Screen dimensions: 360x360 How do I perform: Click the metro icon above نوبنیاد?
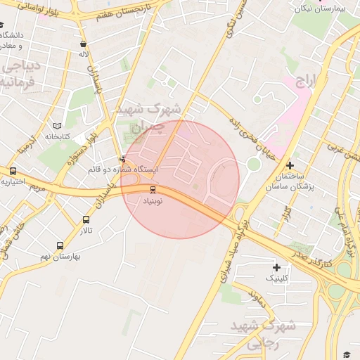pyautogui.click(x=153, y=189)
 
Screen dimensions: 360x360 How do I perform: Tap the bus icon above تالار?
pyautogui.click(x=86, y=220)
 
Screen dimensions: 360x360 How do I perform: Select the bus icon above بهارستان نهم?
pyautogui.click(x=60, y=246)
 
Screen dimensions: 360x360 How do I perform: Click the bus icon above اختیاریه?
pyautogui.click(x=13, y=171)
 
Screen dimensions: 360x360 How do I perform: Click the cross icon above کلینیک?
pyautogui.click(x=276, y=267)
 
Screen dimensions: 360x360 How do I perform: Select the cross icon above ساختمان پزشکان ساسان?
pyautogui.click(x=290, y=165)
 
